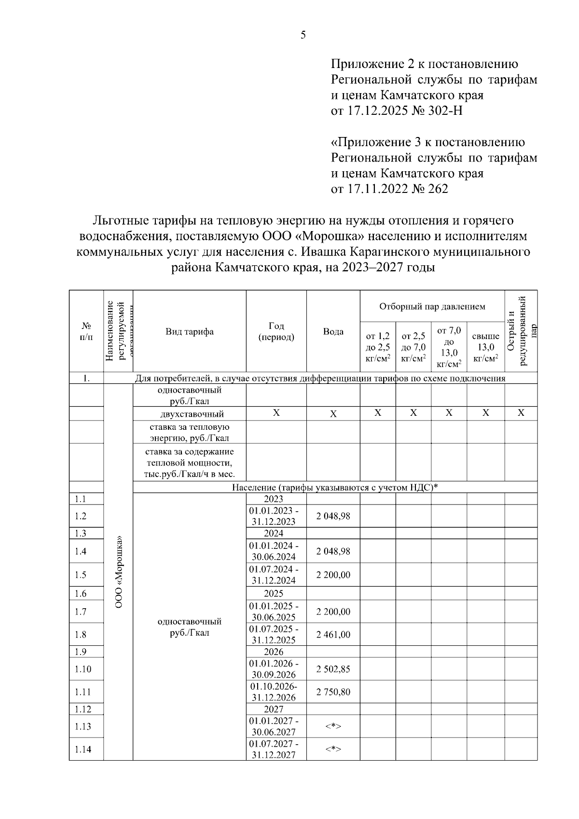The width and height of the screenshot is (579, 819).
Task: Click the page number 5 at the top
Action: (x=303, y=35)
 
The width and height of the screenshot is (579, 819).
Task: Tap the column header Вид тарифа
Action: (x=190, y=331)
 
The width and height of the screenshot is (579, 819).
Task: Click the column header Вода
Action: (x=333, y=331)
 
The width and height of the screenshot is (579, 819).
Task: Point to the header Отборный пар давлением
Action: (x=432, y=306)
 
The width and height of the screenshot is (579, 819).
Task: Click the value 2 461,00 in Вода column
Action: (x=333, y=635)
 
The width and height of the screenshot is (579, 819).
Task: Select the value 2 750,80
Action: (x=333, y=692)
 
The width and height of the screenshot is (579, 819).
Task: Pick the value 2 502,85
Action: (x=333, y=669)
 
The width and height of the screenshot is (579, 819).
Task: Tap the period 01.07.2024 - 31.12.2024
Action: (x=274, y=575)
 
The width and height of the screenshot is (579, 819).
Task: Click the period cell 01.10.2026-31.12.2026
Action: (x=274, y=692)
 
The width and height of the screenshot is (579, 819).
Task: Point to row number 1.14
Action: (x=83, y=750)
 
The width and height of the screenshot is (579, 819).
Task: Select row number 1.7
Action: (x=81, y=612)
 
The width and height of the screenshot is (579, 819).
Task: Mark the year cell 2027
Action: (x=274, y=710)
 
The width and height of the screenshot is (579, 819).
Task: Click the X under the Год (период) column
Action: (x=276, y=413)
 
